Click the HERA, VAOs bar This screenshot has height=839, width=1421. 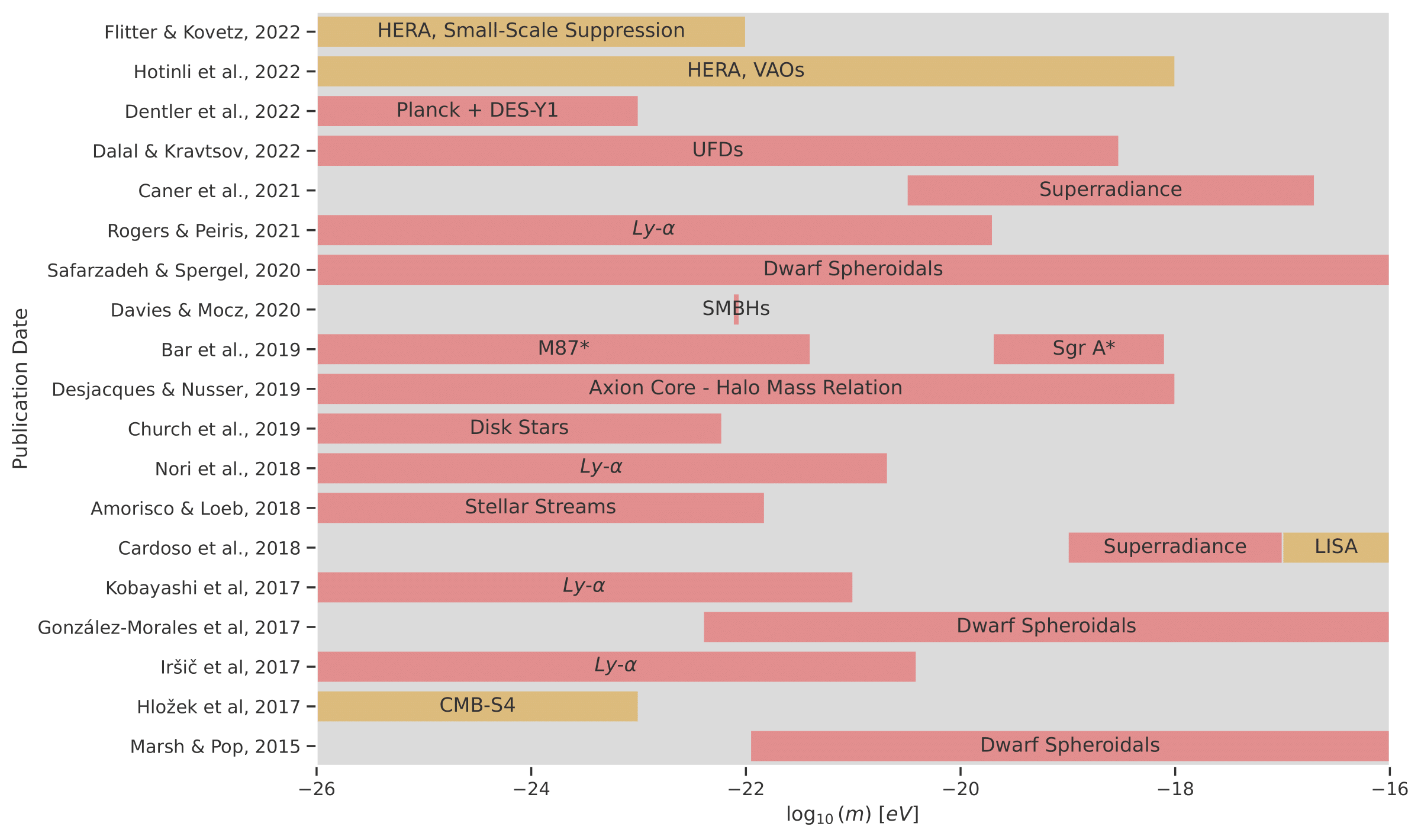(746, 71)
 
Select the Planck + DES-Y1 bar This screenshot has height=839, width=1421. (477, 111)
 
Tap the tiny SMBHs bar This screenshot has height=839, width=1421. (736, 309)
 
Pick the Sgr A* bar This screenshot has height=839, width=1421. (1078, 349)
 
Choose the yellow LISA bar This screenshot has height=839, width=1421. (1335, 547)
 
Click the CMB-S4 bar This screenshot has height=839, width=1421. (477, 706)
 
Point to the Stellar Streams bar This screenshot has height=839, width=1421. (540, 507)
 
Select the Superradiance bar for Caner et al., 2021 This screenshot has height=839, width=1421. (1110, 190)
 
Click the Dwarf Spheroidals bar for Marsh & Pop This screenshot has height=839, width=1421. (1069, 745)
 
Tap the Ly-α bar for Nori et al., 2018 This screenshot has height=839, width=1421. (601, 468)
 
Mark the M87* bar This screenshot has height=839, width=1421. (563, 349)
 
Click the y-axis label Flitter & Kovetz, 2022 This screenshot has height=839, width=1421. (202, 32)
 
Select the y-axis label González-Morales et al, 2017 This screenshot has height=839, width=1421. (169, 627)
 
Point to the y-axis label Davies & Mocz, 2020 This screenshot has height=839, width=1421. (205, 310)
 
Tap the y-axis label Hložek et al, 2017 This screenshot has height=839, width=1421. (218, 706)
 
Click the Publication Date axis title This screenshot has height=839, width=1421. (20, 388)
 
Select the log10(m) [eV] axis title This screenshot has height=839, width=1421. (852, 815)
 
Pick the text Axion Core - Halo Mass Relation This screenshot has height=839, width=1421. (745, 388)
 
